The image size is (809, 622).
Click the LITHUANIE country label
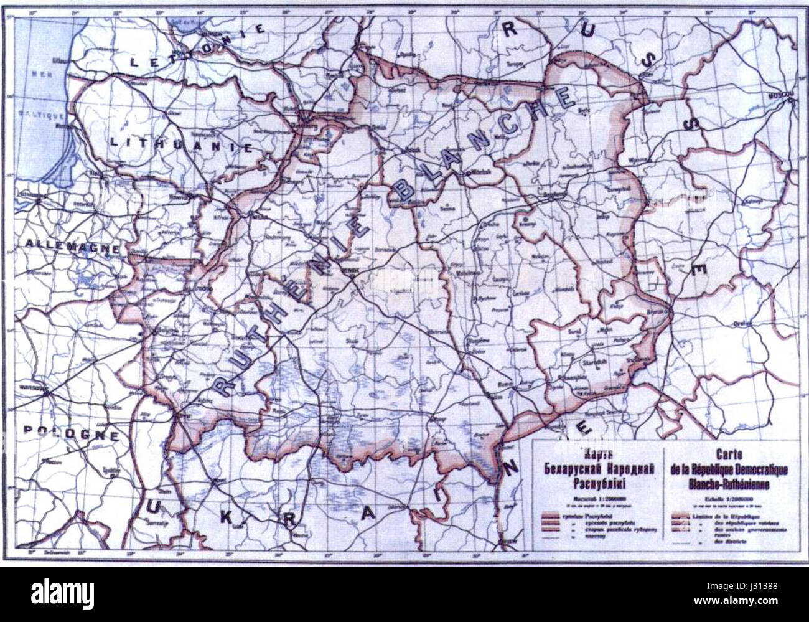point(181,145)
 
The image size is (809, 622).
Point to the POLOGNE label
point(72,435)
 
